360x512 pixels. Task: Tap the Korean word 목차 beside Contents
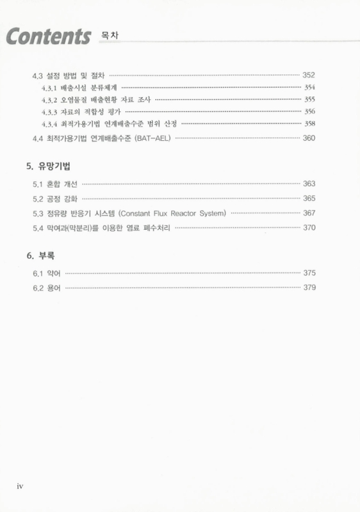pyautogui.click(x=110, y=33)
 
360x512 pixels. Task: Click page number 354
pyautogui.click(x=309, y=87)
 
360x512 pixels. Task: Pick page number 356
pyautogui.click(x=309, y=111)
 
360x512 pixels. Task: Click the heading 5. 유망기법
pyautogui.click(x=49, y=166)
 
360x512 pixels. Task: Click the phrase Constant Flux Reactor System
pyautogui.click(x=172, y=212)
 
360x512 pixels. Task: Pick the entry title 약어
pyautogui.click(x=53, y=273)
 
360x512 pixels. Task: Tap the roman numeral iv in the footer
pyautogui.click(x=20, y=486)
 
